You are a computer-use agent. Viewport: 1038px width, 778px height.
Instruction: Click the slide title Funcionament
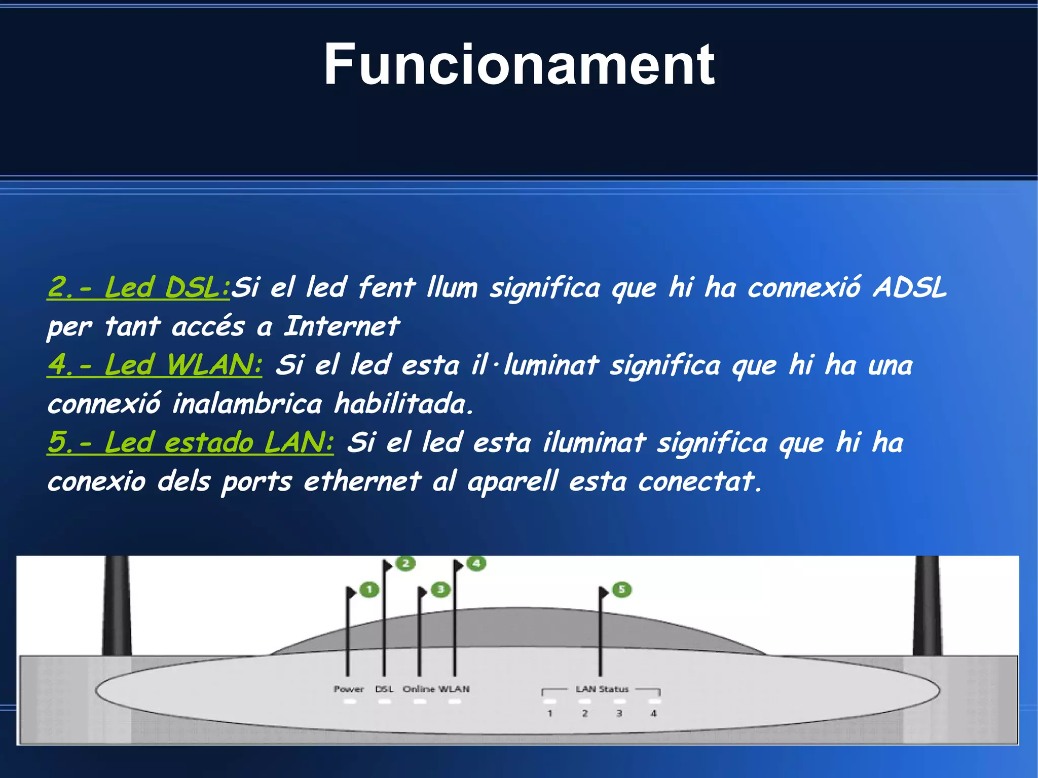coord(519,65)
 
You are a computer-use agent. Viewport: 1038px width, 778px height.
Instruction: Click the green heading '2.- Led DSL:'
coord(138,287)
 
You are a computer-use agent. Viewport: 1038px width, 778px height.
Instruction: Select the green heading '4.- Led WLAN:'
coord(155,365)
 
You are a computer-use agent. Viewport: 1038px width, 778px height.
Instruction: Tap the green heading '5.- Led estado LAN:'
coord(191,442)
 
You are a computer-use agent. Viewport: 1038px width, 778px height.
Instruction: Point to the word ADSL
coord(909,287)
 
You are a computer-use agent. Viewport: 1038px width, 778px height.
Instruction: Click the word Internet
coord(342,326)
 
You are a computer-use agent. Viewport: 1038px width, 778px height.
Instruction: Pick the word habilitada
coord(403,404)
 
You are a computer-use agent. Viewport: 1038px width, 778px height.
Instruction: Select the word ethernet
coord(362,481)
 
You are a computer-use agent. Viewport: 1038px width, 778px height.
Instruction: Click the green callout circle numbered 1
coord(369,589)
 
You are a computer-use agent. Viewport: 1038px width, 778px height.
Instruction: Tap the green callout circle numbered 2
coord(405,563)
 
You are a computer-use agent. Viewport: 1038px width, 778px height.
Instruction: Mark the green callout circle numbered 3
coord(440,589)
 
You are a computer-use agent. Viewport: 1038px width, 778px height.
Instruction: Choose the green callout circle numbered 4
coord(476,563)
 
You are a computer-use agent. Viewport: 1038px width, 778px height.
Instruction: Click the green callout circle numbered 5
coord(622,589)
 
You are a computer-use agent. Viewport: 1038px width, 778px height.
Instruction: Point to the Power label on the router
coord(349,689)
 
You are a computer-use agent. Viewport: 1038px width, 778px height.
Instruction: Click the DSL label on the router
coord(384,689)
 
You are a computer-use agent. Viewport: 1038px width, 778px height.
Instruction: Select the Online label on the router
coord(419,689)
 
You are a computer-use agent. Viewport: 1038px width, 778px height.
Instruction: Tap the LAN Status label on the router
coord(602,689)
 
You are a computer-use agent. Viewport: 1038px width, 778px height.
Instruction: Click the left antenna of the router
coord(117,606)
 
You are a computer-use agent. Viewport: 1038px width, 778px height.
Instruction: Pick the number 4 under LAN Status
coord(654,713)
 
